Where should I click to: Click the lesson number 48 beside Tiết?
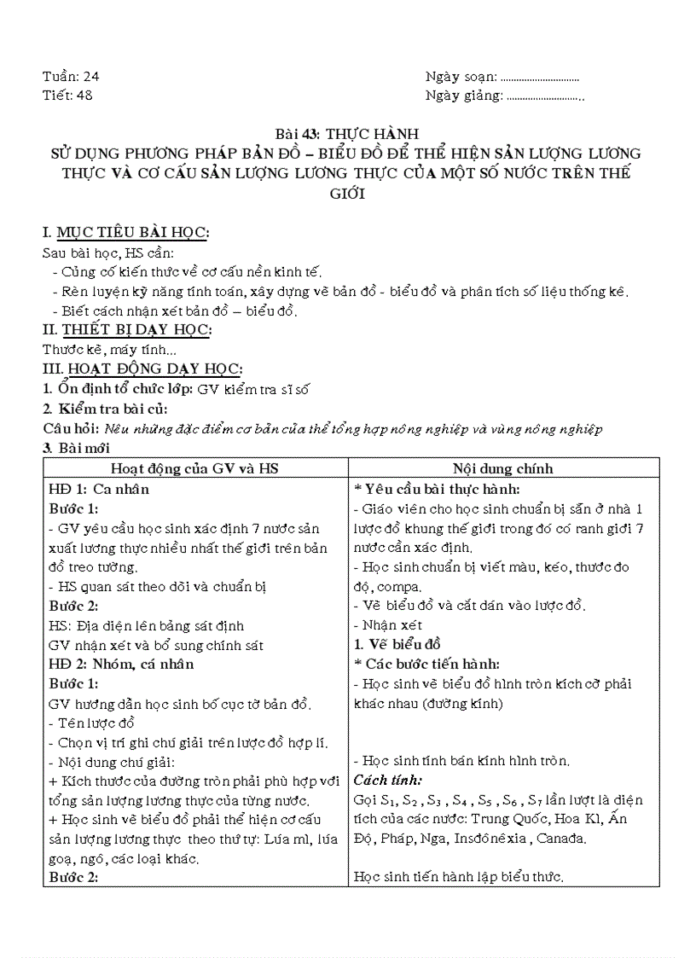point(84,95)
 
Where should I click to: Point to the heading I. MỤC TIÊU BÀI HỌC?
point(126,233)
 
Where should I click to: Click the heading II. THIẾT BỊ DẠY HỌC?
point(127,330)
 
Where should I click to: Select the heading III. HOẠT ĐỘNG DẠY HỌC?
point(142,369)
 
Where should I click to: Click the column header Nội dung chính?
point(503,468)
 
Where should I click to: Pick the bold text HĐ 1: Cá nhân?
point(99,489)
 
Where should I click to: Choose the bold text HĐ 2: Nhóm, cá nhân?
point(121,664)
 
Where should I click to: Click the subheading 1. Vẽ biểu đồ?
point(397,644)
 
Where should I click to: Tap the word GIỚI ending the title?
point(348,194)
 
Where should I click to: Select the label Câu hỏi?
point(71,428)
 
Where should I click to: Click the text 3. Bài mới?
point(76,448)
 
